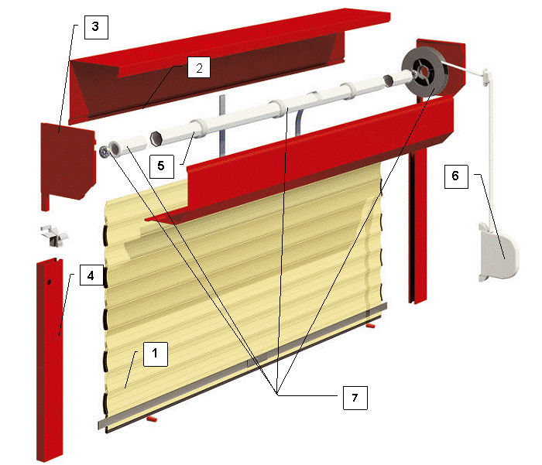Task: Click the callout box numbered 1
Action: pos(156,354)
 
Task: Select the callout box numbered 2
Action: pos(199,67)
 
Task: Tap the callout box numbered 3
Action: pos(96,27)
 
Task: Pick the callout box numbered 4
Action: pos(92,275)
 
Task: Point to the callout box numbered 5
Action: pos(161,166)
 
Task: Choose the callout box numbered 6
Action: pos(456,176)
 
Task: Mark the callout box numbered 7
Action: pos(355,398)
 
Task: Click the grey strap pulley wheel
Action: pos(425,71)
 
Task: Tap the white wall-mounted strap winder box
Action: pos(499,252)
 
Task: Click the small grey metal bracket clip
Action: pos(54,235)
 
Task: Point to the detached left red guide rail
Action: pos(50,359)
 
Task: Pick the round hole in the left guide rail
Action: pos(49,282)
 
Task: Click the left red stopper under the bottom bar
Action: pos(152,419)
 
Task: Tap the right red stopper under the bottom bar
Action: pos(371,326)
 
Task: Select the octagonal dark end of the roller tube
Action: pos(156,138)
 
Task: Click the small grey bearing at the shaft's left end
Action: pos(104,152)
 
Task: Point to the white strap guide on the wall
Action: pos(487,77)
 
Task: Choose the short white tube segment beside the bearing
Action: pos(128,145)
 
